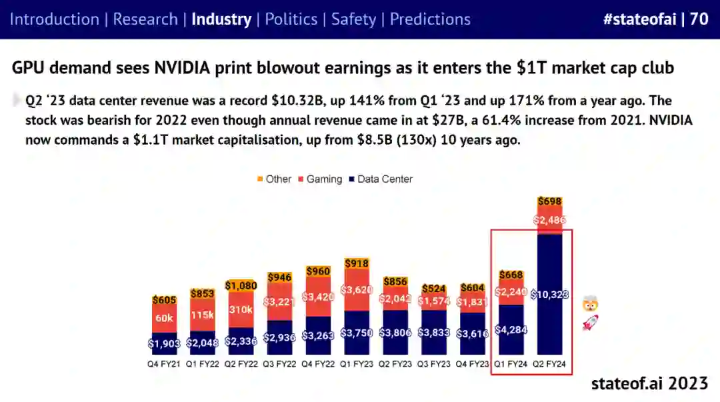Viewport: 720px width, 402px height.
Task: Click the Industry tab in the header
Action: click(x=221, y=19)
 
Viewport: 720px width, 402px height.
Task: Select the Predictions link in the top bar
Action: click(x=430, y=19)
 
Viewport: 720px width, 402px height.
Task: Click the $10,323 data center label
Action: click(x=550, y=294)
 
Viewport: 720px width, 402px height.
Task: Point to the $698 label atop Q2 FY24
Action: click(x=549, y=201)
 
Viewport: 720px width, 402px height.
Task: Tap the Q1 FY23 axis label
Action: click(x=356, y=364)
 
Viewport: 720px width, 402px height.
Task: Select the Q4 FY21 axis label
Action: click(x=164, y=364)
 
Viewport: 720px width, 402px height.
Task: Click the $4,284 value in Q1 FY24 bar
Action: click(x=511, y=329)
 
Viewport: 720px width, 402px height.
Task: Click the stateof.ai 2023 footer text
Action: click(x=649, y=383)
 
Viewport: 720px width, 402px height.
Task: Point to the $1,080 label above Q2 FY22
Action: click(x=241, y=285)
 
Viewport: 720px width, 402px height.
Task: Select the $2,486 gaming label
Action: click(x=549, y=220)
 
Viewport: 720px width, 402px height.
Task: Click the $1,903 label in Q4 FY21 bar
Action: click(x=164, y=343)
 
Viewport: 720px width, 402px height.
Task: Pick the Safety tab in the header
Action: click(x=353, y=19)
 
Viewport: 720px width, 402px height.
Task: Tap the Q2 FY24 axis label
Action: click(x=549, y=364)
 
